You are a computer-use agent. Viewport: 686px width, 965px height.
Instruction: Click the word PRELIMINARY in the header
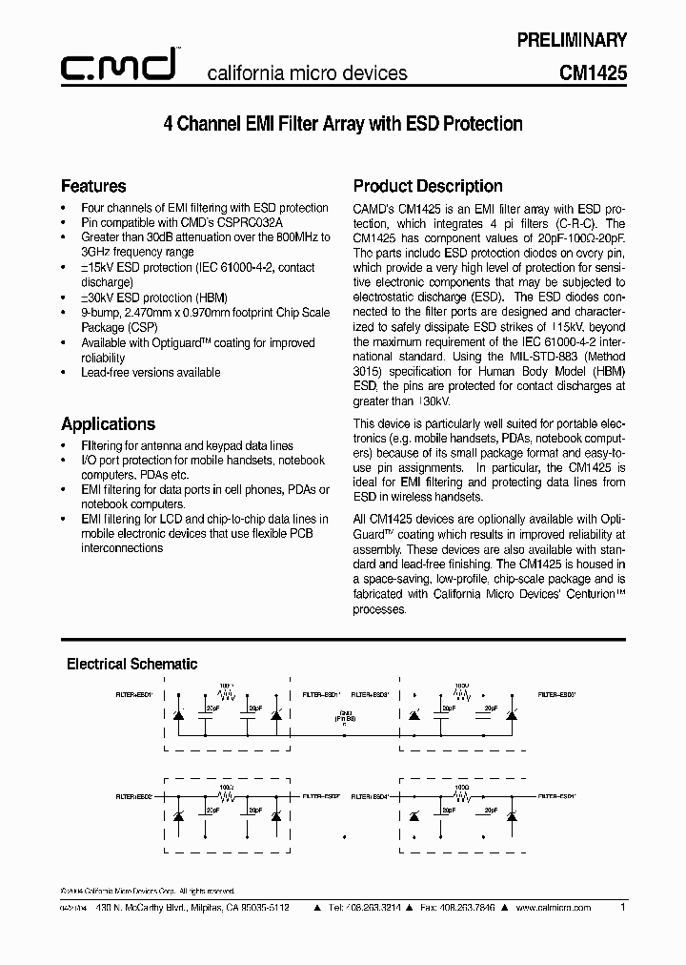point(571,40)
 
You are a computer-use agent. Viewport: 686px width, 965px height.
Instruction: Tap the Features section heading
point(93,186)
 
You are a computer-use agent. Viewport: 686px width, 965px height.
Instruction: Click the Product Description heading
point(428,186)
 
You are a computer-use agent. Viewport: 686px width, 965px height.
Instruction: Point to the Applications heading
point(108,423)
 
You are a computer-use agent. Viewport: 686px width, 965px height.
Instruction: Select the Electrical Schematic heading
point(131,664)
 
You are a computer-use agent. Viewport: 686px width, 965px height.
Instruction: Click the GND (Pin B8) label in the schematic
point(345,716)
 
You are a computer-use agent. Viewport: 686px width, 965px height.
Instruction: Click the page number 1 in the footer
point(622,908)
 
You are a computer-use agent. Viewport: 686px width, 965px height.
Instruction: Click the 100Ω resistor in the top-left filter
point(226,691)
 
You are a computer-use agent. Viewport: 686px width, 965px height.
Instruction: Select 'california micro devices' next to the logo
point(308,72)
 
